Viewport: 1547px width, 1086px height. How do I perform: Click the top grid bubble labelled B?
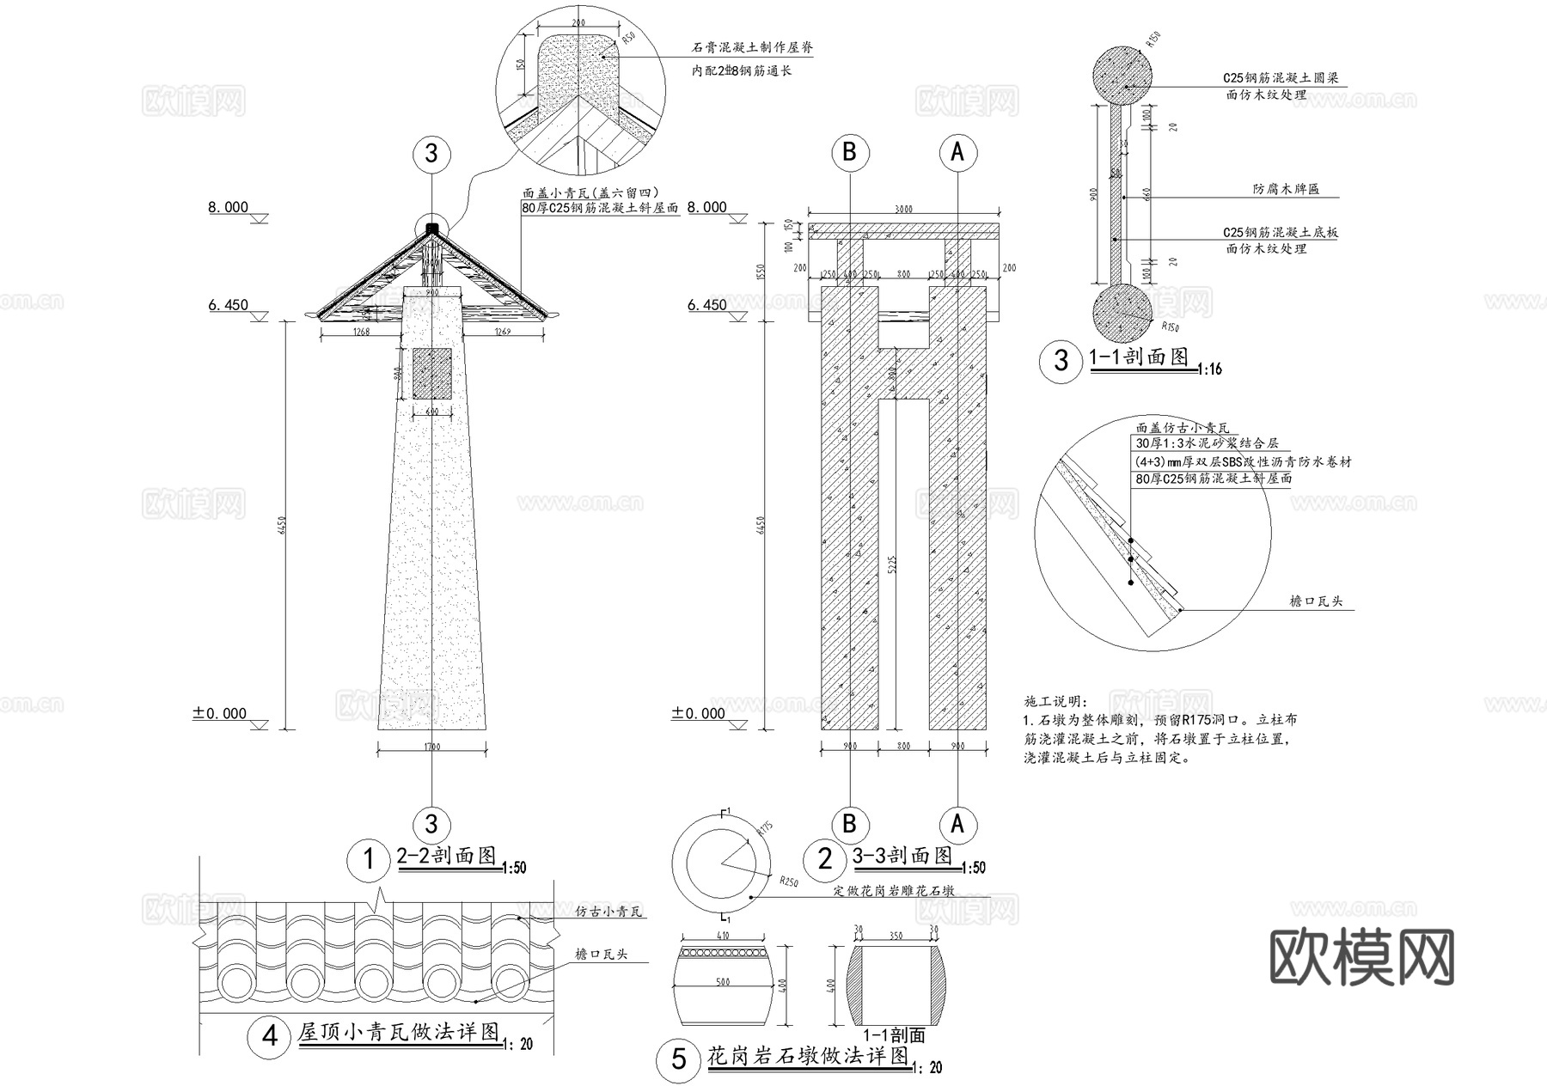point(850,153)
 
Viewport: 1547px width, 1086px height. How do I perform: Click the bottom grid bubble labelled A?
point(957,825)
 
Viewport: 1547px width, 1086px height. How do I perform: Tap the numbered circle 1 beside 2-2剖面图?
point(370,858)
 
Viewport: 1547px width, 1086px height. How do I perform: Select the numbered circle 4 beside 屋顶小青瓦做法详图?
point(270,1037)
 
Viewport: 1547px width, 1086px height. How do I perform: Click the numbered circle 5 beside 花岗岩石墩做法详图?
point(679,1059)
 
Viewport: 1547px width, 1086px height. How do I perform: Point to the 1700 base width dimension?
point(431,747)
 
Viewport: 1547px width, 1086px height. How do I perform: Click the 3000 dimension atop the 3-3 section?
point(904,210)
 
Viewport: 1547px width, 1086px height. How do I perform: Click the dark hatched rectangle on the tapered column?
point(431,373)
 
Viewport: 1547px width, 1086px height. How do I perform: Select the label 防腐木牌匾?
point(1285,188)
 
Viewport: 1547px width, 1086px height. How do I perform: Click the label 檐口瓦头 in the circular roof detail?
point(1316,601)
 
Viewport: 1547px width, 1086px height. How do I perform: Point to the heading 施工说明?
point(1056,702)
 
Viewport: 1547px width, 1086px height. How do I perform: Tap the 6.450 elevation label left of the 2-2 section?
point(228,305)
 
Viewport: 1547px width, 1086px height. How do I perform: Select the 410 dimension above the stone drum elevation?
point(722,935)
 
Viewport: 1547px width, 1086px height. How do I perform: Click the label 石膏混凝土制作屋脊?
point(752,49)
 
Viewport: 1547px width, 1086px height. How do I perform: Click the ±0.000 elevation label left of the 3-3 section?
point(699,713)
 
